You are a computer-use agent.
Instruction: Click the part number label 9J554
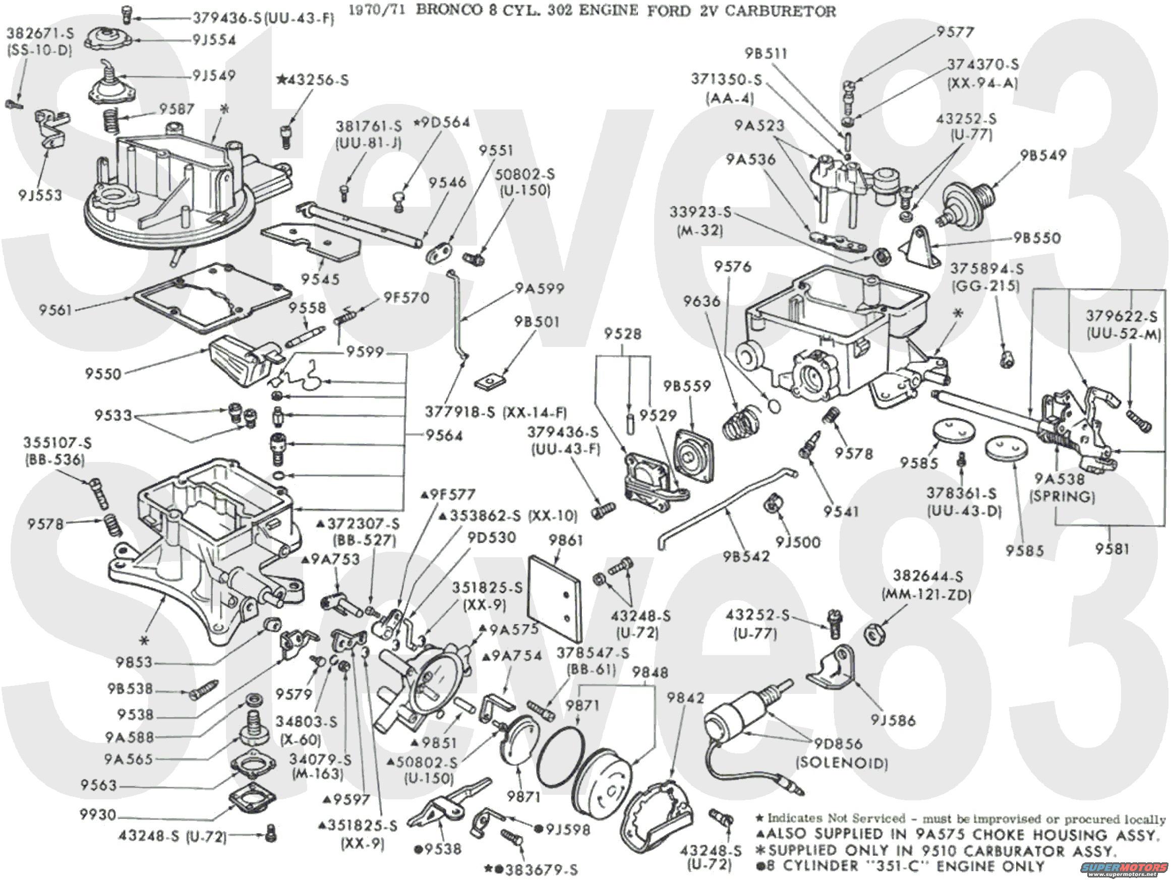tap(214, 40)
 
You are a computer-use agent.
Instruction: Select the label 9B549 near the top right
tap(1043, 156)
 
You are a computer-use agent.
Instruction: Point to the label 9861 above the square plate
tap(565, 540)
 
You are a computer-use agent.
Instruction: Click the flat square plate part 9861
tap(553, 598)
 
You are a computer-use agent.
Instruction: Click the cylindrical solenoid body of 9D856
tap(731, 718)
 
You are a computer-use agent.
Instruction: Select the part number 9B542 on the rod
tap(746, 556)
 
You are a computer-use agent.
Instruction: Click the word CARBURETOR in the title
tap(780, 11)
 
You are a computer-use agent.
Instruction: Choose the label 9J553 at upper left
tap(40, 195)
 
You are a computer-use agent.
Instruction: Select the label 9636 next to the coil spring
tap(702, 301)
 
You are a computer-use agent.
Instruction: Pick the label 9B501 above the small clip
tap(536, 322)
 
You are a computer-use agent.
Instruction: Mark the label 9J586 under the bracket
tap(893, 720)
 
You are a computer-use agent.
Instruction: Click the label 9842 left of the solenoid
tap(685, 698)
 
